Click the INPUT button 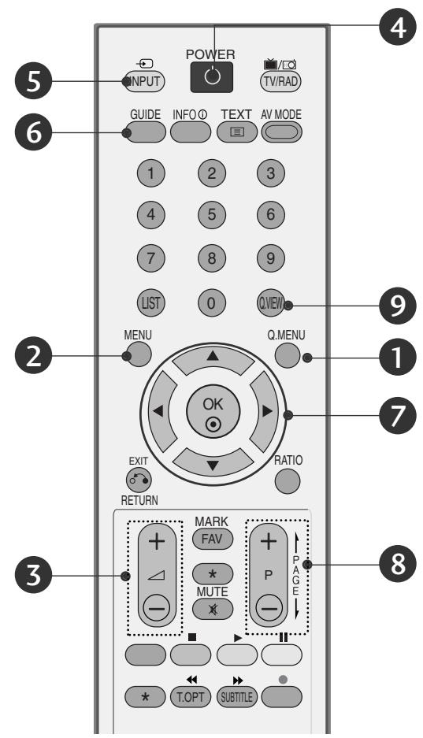coord(138,80)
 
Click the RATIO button coord(288,480)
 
